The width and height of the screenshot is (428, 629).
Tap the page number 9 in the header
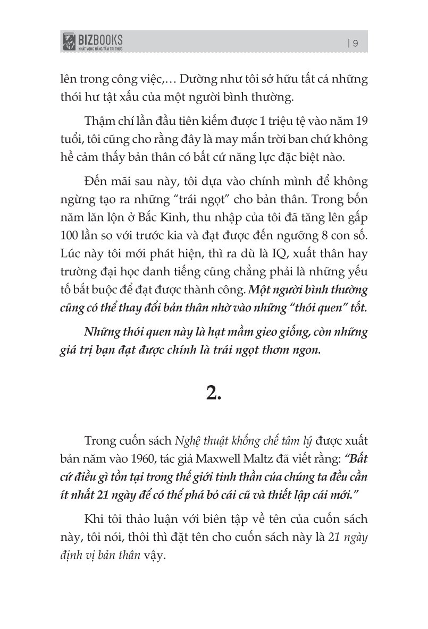(355, 44)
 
